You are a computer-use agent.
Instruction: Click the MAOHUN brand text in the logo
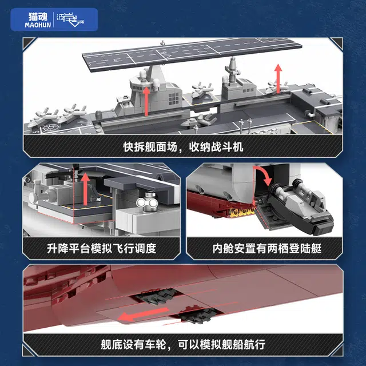click(38, 25)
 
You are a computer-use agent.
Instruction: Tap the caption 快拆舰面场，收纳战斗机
click(183, 147)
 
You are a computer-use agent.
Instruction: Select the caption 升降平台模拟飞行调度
click(102, 248)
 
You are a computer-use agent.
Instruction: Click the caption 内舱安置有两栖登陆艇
click(267, 248)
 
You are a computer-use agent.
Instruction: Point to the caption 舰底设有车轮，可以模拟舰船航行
click(183, 344)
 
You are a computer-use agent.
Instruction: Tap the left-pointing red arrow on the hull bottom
click(143, 314)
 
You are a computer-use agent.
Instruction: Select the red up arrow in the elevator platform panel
click(85, 189)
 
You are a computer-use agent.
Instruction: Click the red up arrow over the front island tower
click(146, 101)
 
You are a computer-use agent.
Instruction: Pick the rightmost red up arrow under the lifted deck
click(278, 78)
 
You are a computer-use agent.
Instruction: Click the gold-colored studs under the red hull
click(242, 212)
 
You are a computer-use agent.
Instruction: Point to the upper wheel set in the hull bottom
click(156, 296)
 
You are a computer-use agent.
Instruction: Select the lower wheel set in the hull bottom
click(198, 315)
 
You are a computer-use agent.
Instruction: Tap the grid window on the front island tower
click(174, 99)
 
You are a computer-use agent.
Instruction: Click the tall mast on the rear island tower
click(232, 70)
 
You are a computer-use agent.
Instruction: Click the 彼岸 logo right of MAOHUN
click(70, 19)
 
